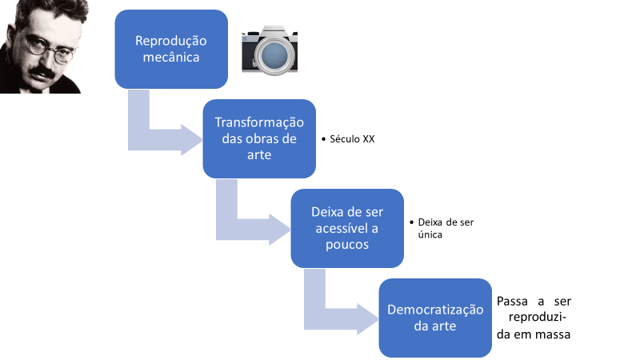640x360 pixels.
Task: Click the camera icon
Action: coord(270,51)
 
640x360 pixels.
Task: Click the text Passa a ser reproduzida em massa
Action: coord(534,318)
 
